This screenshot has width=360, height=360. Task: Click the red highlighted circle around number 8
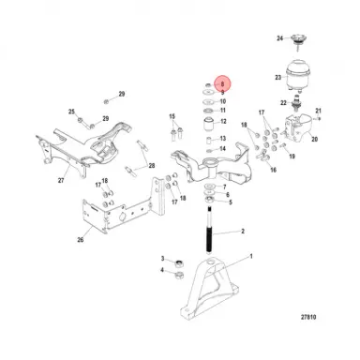tap(221, 83)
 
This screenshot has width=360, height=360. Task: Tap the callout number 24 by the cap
tap(278, 38)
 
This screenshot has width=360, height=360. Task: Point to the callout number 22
tap(282, 102)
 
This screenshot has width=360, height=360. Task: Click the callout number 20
tap(314, 140)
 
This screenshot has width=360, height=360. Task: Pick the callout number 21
tap(319, 112)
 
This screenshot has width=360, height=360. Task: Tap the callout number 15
tap(173, 115)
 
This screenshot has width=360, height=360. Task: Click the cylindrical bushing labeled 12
tap(204, 122)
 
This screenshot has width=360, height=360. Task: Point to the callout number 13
tap(222, 135)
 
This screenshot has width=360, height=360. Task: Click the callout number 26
tap(80, 239)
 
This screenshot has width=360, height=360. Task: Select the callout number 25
tap(72, 112)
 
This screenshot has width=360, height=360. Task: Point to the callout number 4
tap(163, 271)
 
